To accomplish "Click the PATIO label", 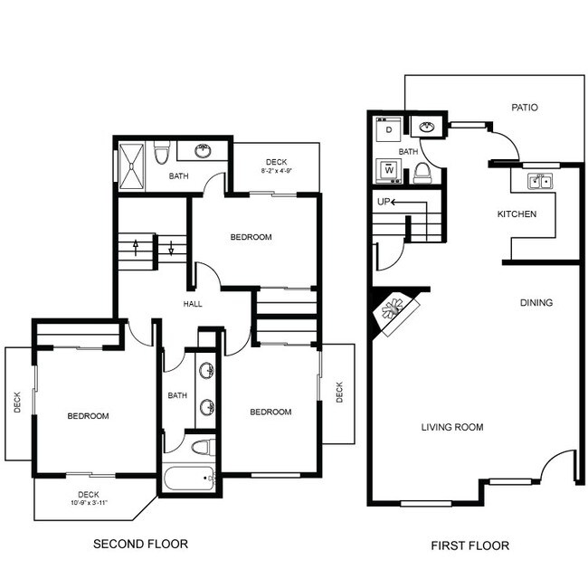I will click(x=524, y=107).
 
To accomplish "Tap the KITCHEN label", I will click(x=517, y=214).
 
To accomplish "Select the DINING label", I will click(x=536, y=302).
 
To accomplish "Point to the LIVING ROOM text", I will click(x=452, y=427).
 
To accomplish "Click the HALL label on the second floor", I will click(x=193, y=304).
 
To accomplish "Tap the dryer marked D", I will click(x=389, y=130).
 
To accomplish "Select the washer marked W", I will click(x=389, y=168).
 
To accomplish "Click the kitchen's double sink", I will click(x=540, y=182).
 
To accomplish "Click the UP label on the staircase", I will click(x=384, y=202).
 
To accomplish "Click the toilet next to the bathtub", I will click(x=201, y=447).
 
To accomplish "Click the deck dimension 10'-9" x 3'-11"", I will click(x=88, y=503).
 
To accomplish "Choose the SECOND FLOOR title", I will click(x=141, y=544).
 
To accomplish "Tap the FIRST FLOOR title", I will click(x=470, y=545).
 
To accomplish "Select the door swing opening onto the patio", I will click(x=506, y=143).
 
